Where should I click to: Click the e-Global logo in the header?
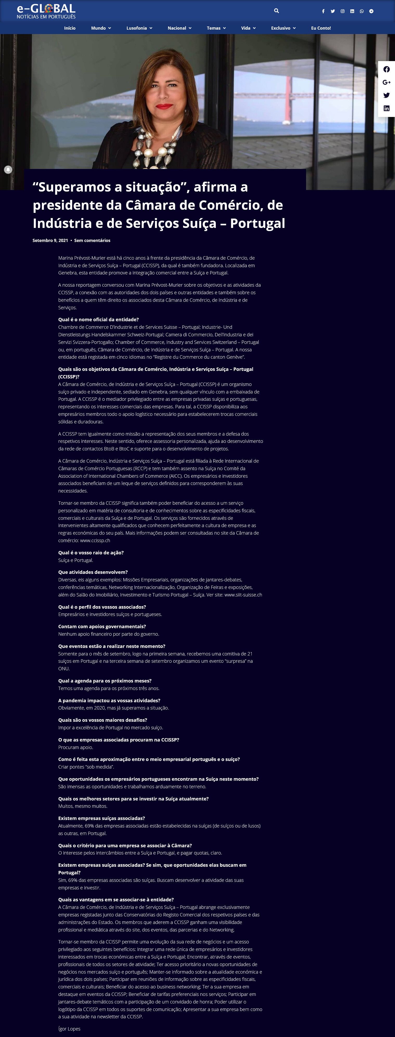tap(46, 11)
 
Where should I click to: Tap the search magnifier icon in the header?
tap(276, 11)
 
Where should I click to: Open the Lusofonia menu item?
tap(139, 28)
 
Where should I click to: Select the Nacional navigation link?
tap(179, 28)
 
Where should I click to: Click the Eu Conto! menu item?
tap(321, 28)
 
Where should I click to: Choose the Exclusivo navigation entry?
tap(283, 28)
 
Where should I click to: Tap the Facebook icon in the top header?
tap(323, 11)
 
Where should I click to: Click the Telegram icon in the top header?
tap(371, 11)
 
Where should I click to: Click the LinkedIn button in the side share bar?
tap(386, 108)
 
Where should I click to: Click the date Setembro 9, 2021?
tap(50, 240)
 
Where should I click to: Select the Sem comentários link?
tap(92, 240)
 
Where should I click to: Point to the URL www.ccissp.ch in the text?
tap(95, 540)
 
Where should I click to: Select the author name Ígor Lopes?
tap(69, 1028)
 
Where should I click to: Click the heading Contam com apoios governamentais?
tap(102, 626)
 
